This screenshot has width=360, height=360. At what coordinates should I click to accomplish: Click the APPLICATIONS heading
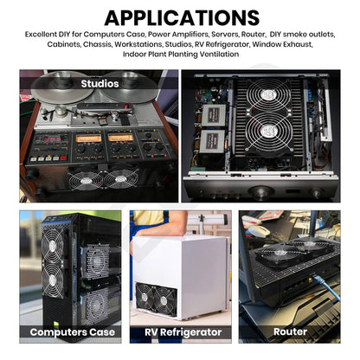(181, 17)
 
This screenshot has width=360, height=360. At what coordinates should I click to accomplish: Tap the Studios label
(100, 84)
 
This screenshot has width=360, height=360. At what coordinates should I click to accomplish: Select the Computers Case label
(71, 331)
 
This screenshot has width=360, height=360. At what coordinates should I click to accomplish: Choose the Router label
(290, 331)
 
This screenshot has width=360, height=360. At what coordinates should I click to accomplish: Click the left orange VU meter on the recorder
(88, 138)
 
